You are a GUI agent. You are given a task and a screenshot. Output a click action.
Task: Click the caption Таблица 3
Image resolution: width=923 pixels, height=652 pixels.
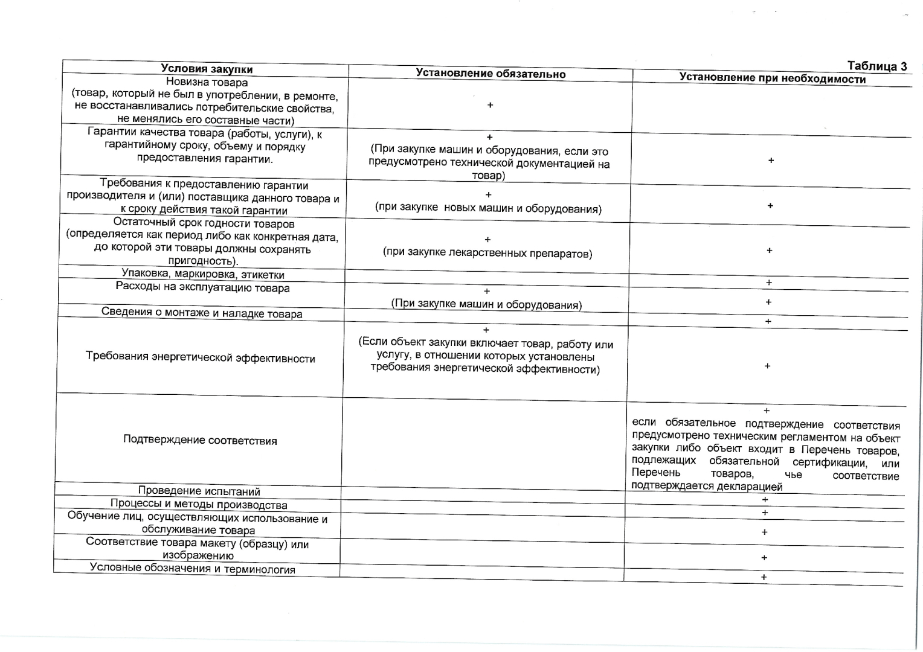[877, 66]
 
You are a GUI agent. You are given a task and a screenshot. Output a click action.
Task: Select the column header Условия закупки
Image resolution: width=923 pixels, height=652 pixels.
[207, 69]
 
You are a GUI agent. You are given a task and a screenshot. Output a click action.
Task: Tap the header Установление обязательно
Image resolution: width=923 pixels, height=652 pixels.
[490, 74]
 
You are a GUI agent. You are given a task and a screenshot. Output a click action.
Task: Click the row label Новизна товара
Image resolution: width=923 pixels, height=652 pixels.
[207, 82]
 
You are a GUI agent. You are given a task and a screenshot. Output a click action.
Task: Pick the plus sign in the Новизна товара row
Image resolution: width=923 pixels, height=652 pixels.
[490, 105]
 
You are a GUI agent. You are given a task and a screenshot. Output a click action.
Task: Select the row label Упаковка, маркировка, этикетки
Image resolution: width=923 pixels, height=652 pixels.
[202, 275]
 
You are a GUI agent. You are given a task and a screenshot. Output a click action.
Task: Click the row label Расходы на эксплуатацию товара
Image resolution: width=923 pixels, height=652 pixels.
[202, 287]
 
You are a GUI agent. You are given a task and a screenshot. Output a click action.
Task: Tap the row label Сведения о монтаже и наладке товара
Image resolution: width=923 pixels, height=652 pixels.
[202, 313]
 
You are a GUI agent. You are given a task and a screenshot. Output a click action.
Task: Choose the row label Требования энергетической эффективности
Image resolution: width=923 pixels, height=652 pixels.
[201, 358]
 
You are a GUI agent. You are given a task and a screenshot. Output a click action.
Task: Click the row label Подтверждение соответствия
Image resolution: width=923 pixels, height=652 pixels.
[200, 440]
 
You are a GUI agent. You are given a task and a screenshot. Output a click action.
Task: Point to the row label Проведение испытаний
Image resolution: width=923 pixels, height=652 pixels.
[199, 491]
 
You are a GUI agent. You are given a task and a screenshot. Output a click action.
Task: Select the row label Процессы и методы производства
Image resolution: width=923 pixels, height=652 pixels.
[199, 505]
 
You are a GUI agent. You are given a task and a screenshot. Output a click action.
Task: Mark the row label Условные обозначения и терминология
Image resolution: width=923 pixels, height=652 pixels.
[193, 569]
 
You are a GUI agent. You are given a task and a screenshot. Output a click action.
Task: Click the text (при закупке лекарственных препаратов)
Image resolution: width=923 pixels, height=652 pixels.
[487, 254]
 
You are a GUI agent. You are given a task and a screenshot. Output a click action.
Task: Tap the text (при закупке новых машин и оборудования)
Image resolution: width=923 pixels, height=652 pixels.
[488, 208]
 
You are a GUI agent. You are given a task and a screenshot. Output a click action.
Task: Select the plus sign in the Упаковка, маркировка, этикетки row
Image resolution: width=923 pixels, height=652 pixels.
[769, 283]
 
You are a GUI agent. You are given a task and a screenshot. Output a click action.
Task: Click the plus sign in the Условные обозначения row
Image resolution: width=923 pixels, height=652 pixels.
[764, 577]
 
